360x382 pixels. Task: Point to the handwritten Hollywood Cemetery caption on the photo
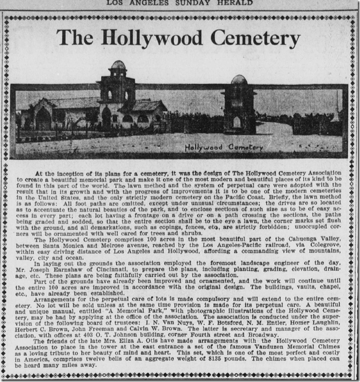pyautogui.click(x=223, y=147)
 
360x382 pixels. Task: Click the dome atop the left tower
pyautogui.click(x=118, y=66)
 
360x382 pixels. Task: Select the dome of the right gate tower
pyautogui.click(x=239, y=81)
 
